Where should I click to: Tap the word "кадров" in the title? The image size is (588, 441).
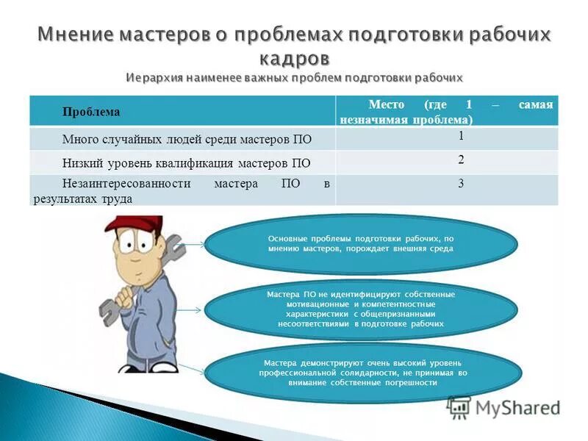[295, 57]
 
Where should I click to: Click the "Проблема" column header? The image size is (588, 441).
[91, 112]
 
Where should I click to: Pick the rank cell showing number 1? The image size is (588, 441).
[461, 136]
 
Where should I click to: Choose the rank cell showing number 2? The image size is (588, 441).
[461, 159]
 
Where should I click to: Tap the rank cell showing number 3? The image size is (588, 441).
[461, 184]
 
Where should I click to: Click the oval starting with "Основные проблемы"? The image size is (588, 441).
[359, 244]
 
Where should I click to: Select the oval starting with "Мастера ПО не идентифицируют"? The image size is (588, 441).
[359, 309]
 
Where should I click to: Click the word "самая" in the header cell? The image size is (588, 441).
[535, 105]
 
